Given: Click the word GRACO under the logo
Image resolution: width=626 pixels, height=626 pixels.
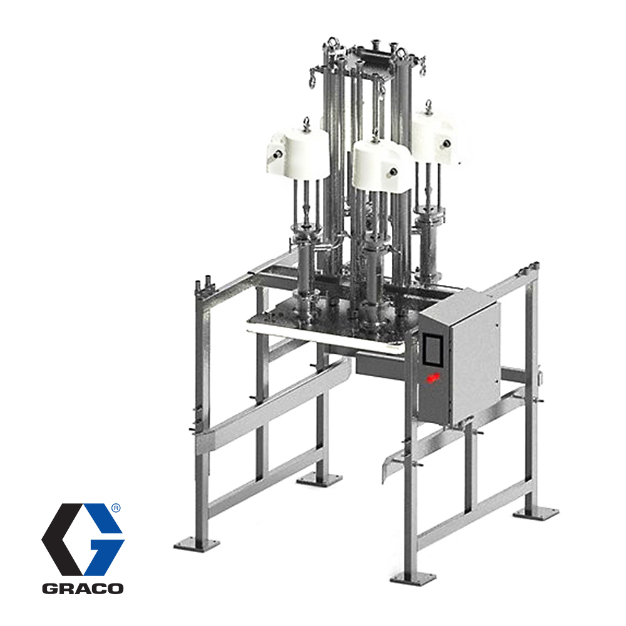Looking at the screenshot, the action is (x=83, y=588).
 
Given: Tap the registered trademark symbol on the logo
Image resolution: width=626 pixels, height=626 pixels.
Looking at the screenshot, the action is (x=115, y=508).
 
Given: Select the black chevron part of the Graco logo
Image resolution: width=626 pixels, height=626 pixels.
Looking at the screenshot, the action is (x=66, y=539).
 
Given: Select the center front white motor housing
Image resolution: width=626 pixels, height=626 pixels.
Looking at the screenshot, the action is (x=383, y=164).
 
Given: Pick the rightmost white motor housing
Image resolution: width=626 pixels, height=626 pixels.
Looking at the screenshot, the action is (x=436, y=138).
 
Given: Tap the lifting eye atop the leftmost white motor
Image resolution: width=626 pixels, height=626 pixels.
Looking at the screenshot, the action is (x=307, y=123).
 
